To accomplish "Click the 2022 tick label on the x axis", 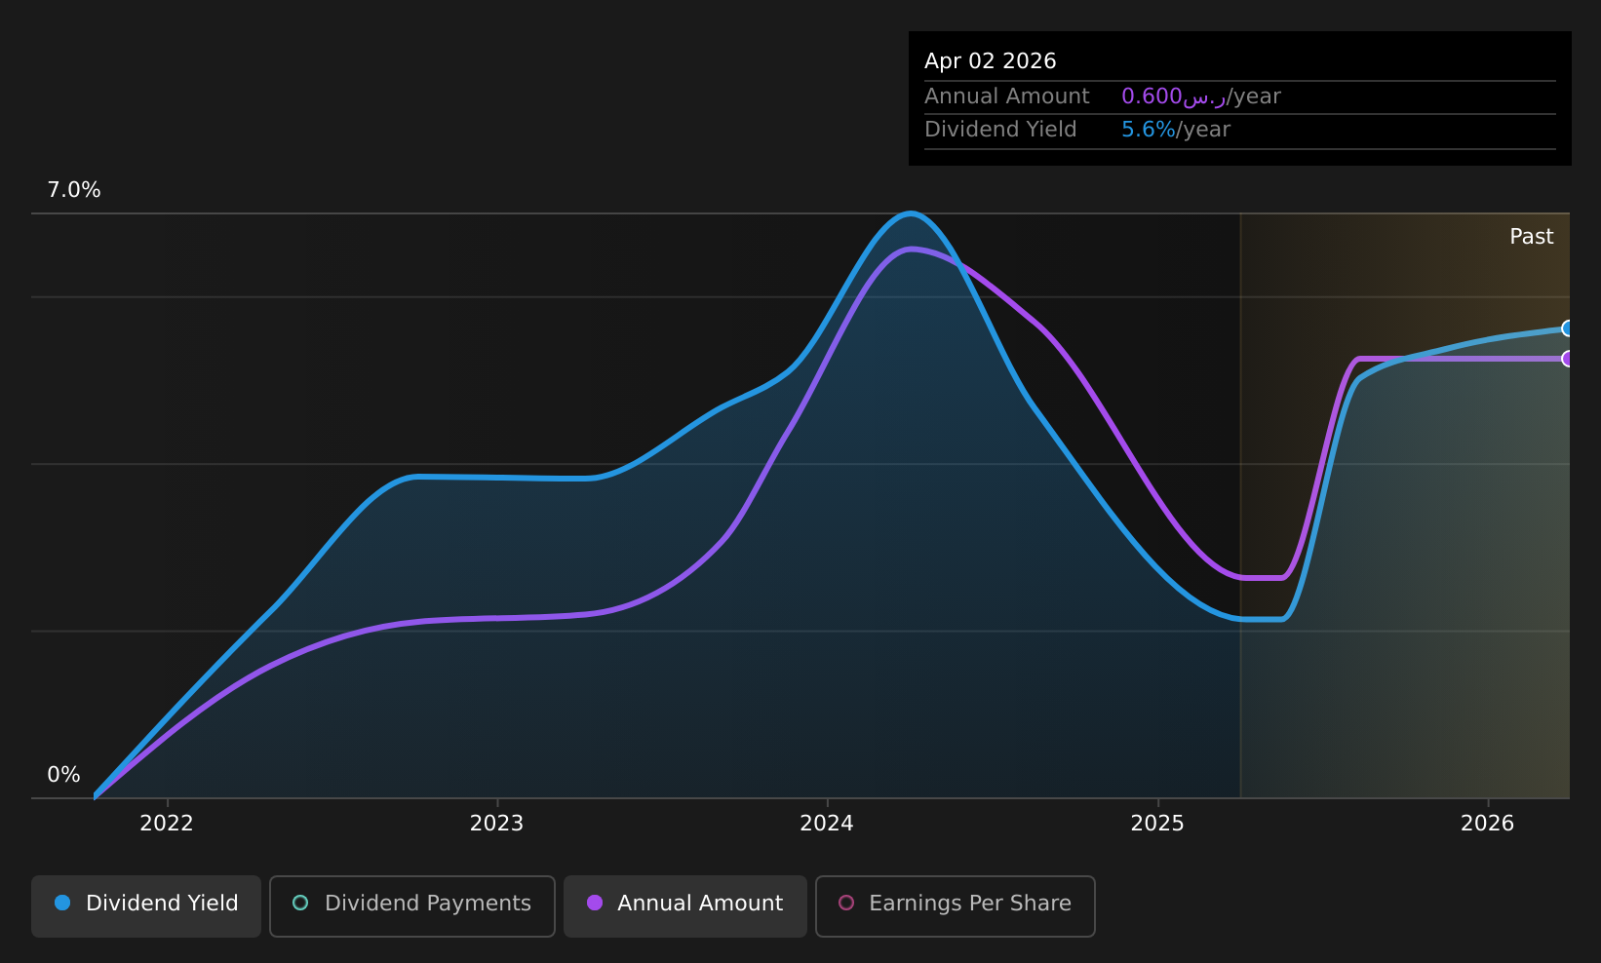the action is tap(167, 824).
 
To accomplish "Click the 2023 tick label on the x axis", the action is tap(496, 824).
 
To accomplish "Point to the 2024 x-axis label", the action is tap(827, 824).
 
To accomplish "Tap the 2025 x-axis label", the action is tap(1157, 824).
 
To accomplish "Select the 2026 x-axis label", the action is tap(1487, 824).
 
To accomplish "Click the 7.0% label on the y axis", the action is tap(74, 190).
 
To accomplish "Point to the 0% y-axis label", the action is tap(63, 775).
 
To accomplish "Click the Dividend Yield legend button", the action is tap(146, 905).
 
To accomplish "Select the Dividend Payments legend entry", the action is tap(411, 905).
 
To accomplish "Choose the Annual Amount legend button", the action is tap(684, 905).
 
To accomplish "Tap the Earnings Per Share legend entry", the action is tap(955, 905).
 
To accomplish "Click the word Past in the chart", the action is tap(1531, 237).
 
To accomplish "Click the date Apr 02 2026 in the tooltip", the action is tap(990, 61).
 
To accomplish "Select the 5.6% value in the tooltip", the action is tap(1148, 130).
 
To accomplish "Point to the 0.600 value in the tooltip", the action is tap(1152, 96).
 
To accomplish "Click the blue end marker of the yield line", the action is tap(1566, 328).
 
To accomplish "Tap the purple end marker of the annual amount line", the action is tap(1566, 359).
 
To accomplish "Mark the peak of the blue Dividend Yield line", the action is tap(910, 212).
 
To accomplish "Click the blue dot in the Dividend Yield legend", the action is tap(62, 903).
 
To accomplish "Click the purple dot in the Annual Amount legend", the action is tap(594, 903).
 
